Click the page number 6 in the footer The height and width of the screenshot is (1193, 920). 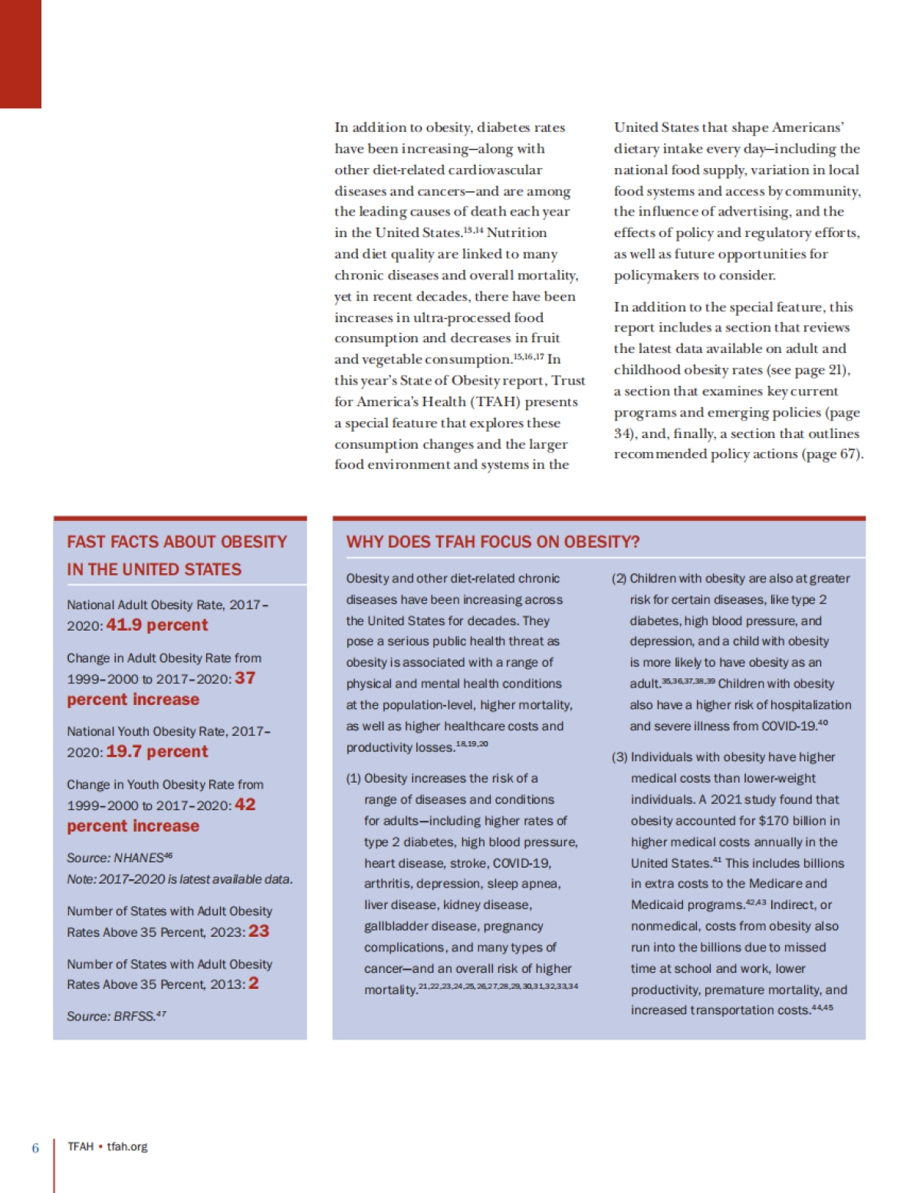tap(35, 1148)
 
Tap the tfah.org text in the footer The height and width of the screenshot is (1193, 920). tap(127, 1146)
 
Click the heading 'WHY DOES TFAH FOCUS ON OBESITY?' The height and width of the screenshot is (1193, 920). tap(492, 542)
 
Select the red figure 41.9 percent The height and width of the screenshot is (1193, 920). tap(156, 625)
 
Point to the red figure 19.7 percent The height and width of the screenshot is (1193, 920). tap(156, 751)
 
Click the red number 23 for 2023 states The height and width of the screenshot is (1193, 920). tap(258, 931)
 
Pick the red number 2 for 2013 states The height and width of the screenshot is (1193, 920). tap(253, 983)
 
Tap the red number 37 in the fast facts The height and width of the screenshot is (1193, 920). tap(245, 677)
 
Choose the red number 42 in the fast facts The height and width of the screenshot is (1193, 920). tap(245, 804)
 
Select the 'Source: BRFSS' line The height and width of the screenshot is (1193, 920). tap(116, 1016)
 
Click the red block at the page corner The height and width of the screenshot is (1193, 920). tap(20, 54)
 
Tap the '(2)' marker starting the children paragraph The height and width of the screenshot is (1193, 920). tap(619, 578)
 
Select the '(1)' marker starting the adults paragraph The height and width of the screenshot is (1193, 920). tap(353, 778)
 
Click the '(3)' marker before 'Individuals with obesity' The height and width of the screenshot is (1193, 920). tap(619, 756)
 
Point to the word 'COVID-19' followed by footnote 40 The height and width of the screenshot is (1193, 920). tap(787, 726)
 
